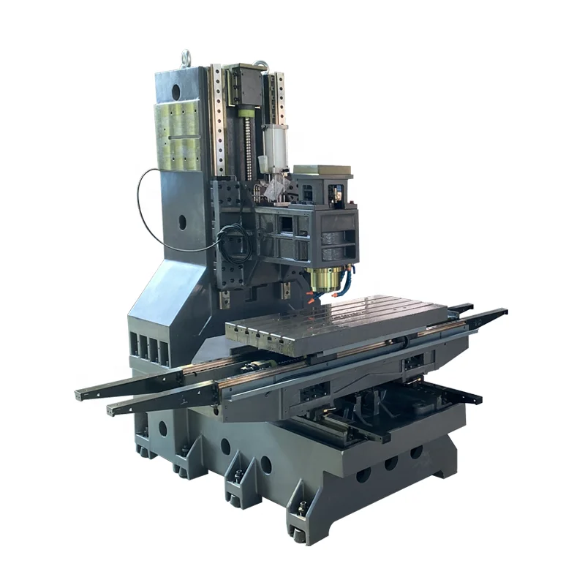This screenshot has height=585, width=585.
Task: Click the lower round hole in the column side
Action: coord(181,221)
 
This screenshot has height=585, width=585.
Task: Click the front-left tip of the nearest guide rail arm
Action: coord(111,409)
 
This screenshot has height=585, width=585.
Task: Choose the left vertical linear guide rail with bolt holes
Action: coord(218,121)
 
